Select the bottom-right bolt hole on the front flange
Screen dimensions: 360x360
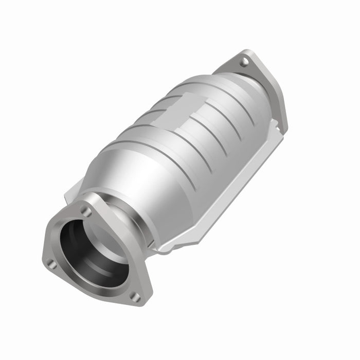(134, 296)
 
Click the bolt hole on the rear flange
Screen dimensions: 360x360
(244, 62)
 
